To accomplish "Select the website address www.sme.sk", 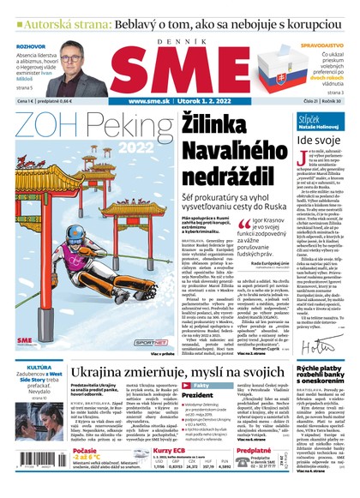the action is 128,101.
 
